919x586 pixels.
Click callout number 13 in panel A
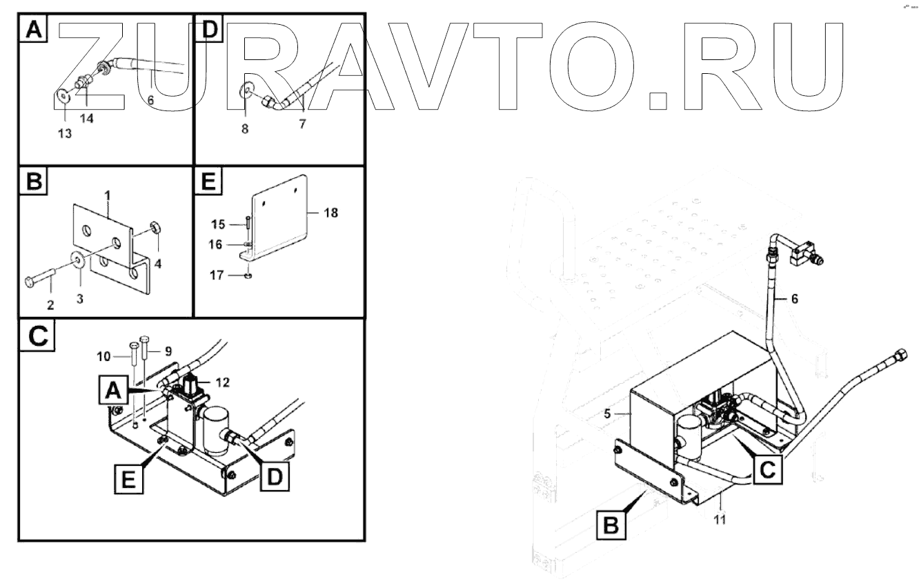point(64,134)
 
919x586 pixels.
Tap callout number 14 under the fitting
point(87,119)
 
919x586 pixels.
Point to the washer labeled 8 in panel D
point(246,90)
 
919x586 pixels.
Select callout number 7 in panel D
point(302,124)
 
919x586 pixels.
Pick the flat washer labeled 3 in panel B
point(77,260)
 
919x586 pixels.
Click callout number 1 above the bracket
point(108,196)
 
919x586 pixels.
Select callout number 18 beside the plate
point(330,213)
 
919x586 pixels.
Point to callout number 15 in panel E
point(218,224)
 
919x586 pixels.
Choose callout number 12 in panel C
point(222,381)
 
